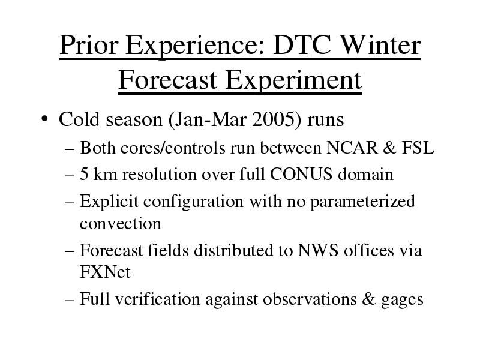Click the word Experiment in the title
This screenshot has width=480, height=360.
click(293, 80)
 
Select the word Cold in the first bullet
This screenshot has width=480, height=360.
click(79, 119)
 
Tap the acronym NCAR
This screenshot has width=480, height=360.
click(352, 148)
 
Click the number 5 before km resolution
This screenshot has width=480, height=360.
click(84, 174)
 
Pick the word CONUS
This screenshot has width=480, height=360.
click(301, 174)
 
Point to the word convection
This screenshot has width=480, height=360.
click(121, 224)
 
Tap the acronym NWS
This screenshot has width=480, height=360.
click(318, 250)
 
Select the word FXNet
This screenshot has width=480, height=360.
click(105, 272)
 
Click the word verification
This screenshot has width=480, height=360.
click(158, 299)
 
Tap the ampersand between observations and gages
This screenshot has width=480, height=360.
click(368, 299)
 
